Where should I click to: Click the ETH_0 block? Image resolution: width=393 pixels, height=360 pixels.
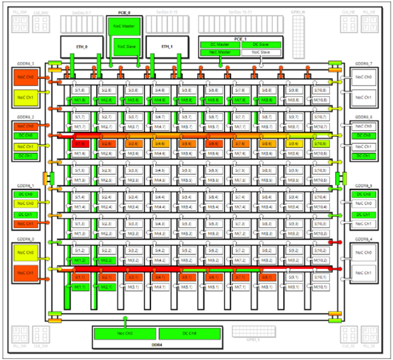(x=81, y=47)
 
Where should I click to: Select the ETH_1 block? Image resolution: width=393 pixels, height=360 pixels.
(x=167, y=47)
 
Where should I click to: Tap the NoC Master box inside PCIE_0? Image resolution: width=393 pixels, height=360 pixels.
(x=124, y=26)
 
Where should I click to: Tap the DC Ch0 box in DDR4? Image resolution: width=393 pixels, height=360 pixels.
(x=189, y=333)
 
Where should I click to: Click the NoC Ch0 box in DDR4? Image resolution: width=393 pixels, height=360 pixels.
(x=125, y=333)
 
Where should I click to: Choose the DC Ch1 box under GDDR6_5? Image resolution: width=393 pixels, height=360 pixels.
(x=364, y=214)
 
